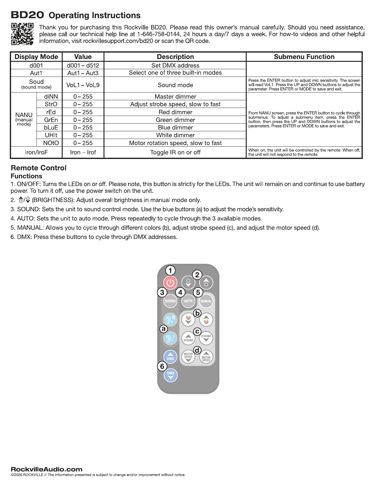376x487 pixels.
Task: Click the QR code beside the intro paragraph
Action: click(22, 34)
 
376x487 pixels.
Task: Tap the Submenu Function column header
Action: click(304, 57)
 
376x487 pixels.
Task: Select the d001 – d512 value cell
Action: click(83, 65)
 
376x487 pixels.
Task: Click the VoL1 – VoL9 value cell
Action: click(83, 85)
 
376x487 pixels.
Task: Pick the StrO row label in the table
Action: click(51, 104)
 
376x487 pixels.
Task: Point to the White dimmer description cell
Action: click(175, 135)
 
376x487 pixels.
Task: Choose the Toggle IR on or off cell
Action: click(175, 152)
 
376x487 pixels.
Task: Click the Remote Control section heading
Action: click(39, 168)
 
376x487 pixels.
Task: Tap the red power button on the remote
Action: click(170, 283)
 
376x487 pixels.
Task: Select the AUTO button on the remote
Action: click(188, 301)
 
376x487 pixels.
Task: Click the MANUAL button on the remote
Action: click(206, 301)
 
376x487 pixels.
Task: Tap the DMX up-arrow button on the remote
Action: click(170, 357)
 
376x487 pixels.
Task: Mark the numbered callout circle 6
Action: click(162, 366)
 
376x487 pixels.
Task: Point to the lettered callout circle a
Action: click(164, 329)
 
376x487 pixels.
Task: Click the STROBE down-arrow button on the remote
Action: click(206, 338)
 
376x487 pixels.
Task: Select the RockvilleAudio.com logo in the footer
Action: click(47, 469)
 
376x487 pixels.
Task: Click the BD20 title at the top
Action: click(28, 15)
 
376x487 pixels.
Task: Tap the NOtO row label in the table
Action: click(51, 143)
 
